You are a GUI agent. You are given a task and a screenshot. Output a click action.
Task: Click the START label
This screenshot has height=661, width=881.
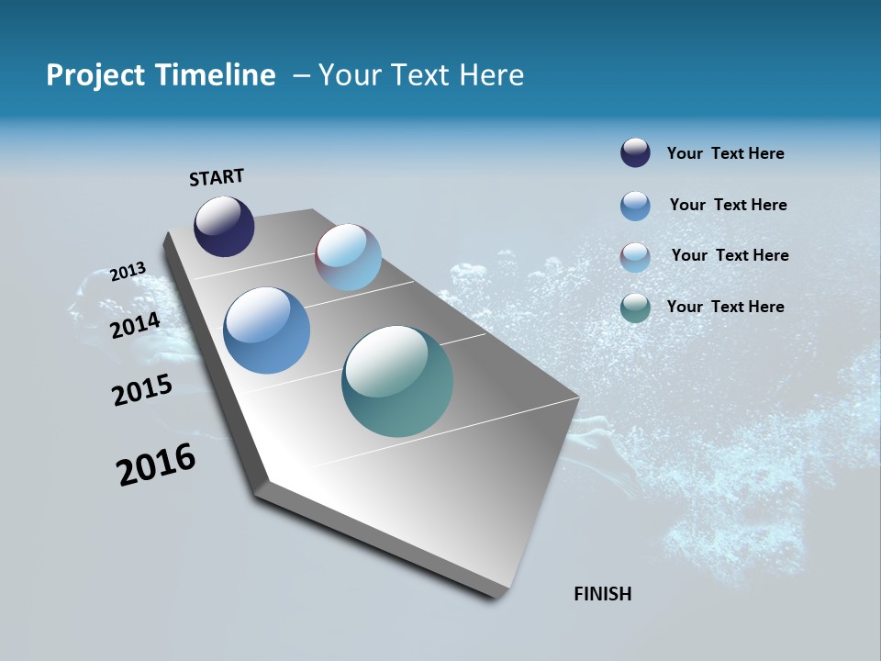pos(217,177)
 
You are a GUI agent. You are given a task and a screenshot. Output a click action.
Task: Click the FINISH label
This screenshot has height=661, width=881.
pos(602,594)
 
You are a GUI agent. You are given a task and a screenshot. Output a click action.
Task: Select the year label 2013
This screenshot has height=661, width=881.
pos(128,272)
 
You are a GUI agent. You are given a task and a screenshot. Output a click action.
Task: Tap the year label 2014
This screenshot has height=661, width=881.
pos(136,325)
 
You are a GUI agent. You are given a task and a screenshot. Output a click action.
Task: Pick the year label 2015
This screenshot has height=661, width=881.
pos(142,390)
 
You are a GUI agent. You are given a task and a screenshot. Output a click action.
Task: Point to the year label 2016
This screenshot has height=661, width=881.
pos(156,465)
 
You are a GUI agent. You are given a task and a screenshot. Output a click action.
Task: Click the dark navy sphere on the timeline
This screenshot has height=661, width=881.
pos(224,227)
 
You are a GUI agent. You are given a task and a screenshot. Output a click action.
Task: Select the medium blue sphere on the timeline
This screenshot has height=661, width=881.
pos(266,330)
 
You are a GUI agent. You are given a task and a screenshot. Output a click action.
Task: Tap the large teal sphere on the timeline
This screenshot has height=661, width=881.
pos(397,381)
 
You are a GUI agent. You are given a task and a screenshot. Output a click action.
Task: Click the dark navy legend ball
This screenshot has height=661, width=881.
pos(635,153)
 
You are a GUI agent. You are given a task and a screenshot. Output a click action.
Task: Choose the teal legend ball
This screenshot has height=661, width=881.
pos(635,308)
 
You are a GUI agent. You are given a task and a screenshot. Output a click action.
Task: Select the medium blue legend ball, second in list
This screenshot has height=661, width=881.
pos(635,206)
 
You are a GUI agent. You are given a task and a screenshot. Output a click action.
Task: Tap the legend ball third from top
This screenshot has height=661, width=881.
pos(635,257)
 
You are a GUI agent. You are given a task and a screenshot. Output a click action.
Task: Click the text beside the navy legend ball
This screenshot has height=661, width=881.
pos(725,153)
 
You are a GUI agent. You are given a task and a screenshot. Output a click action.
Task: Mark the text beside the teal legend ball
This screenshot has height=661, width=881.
pos(725,307)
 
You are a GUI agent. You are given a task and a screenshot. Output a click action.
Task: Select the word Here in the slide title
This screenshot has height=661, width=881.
pos(491,75)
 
